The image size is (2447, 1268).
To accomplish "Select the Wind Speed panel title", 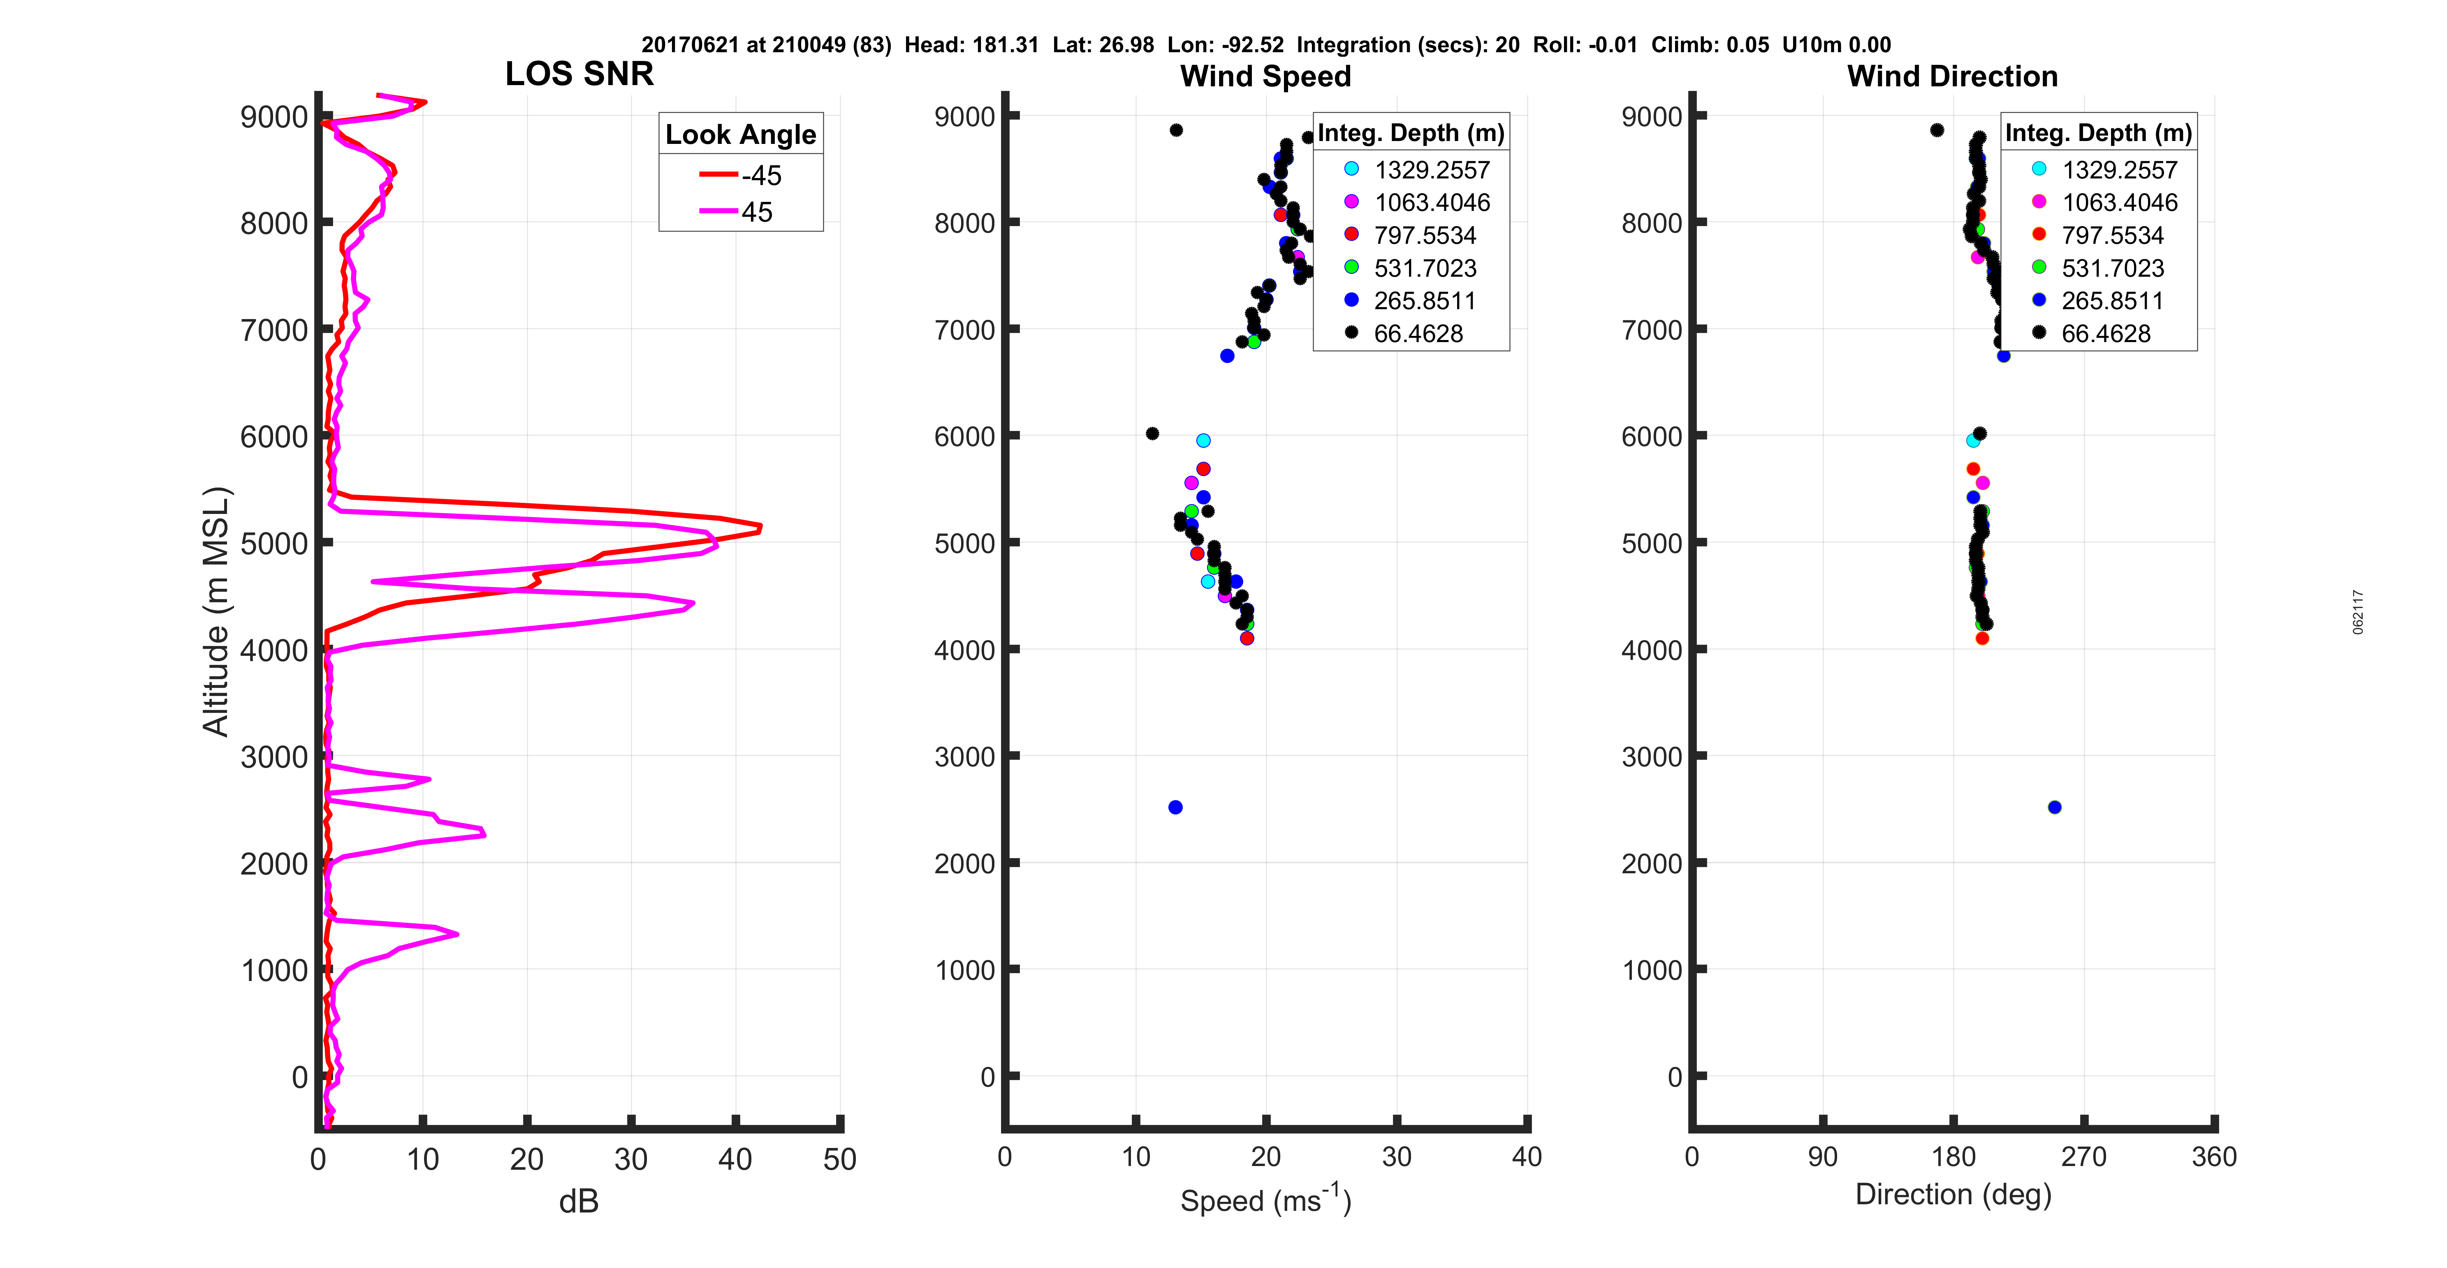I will tap(1265, 76).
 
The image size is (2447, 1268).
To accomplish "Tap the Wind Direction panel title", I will tap(1952, 76).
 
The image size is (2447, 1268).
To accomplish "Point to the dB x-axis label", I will tap(579, 1201).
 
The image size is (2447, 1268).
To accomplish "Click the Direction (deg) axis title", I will tap(1953, 1194).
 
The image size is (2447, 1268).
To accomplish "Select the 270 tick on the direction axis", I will tap(2084, 1157).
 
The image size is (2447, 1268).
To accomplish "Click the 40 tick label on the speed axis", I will tap(1527, 1157).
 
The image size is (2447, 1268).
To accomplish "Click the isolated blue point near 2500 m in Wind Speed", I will tap(1175, 808).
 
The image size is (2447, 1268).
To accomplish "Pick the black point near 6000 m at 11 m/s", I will tap(1152, 434).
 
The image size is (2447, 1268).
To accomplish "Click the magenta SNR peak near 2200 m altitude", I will tap(484, 834).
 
